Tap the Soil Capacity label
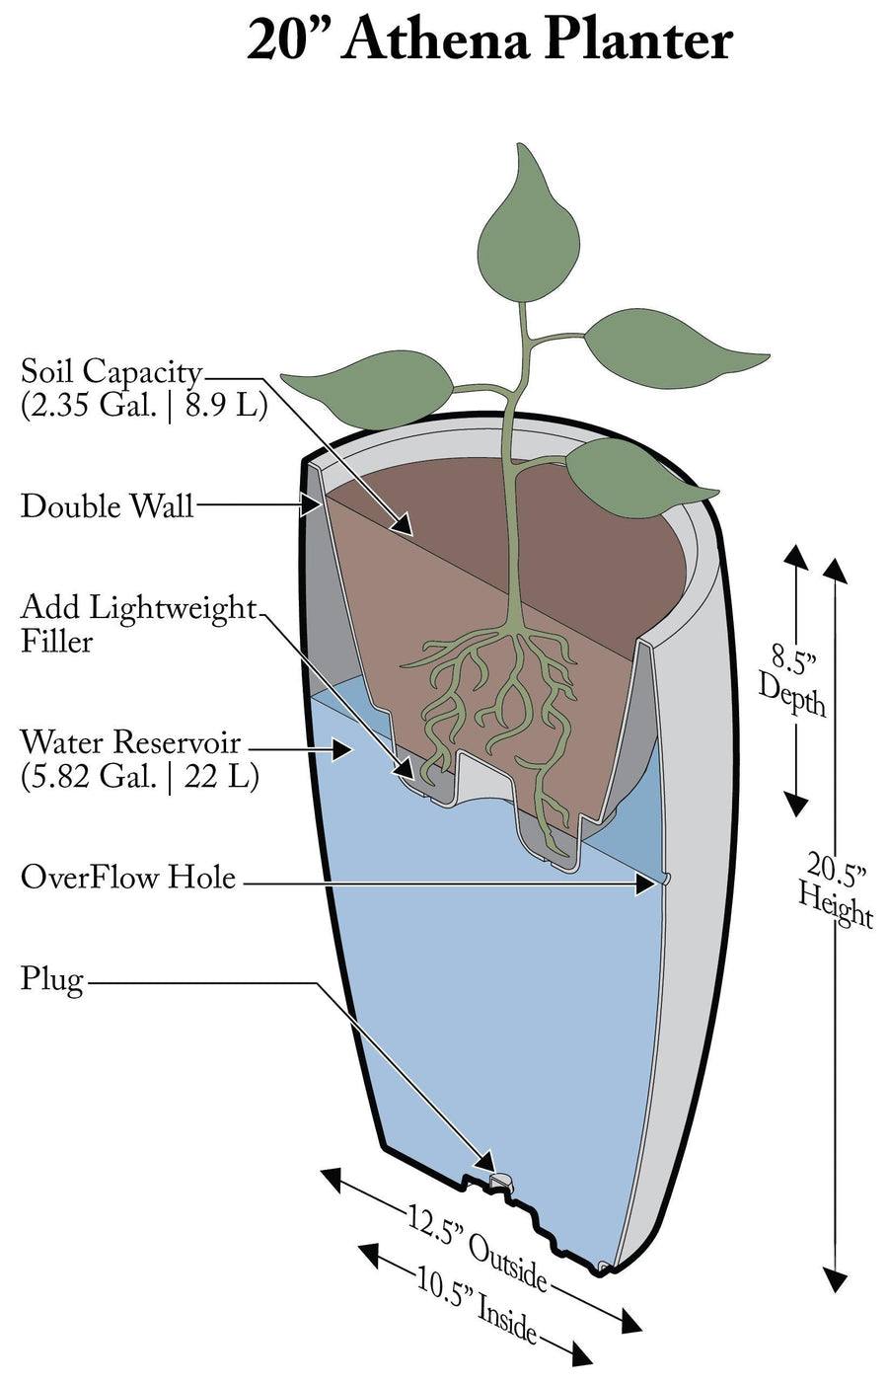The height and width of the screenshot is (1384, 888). pos(111,372)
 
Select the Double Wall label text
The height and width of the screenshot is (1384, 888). pos(107,506)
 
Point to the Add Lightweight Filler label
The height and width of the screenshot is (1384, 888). pos(137,624)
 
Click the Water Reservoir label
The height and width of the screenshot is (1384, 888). pos(130,741)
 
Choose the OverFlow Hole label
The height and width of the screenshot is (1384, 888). pos(128,877)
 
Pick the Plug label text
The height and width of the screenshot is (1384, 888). pos(51,979)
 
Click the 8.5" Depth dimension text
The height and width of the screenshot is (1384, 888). pos(792,680)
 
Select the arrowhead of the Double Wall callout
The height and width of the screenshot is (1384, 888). pos(309,506)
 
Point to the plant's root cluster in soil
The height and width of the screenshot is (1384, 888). pos(503,701)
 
